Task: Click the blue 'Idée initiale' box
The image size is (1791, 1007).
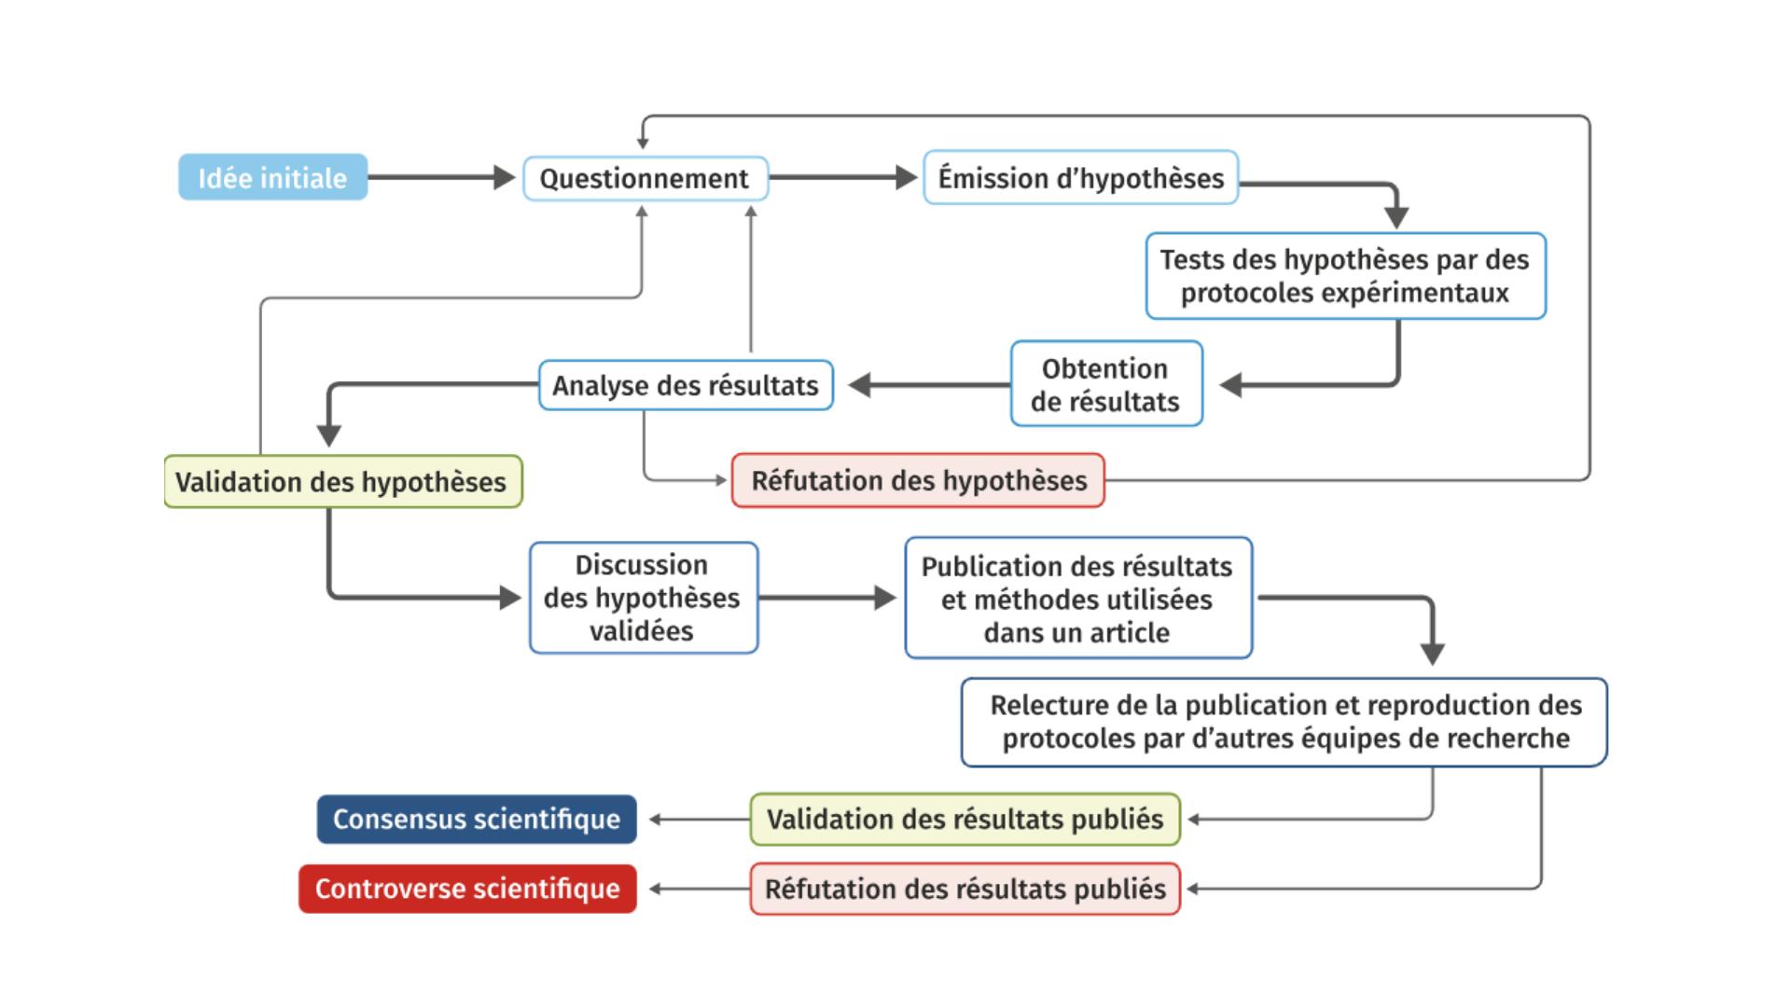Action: point(272,177)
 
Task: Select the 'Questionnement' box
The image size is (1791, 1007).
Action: point(645,178)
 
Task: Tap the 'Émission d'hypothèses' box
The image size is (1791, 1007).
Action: point(1080,177)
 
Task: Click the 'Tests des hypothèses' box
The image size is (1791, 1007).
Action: point(1344,276)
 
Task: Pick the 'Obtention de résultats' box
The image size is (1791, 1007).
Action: point(1105,384)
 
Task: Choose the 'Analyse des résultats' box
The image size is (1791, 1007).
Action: point(685,385)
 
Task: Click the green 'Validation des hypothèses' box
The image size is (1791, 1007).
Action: point(341,481)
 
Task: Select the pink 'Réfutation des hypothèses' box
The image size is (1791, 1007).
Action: point(918,480)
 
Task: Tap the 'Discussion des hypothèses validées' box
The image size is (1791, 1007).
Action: point(643,598)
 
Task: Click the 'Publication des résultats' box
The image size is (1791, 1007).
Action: point(1077,599)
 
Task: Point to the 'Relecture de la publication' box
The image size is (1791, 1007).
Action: point(1284,722)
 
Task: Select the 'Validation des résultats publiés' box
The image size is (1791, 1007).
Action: point(965,820)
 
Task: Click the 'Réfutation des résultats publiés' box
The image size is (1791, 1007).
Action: point(965,889)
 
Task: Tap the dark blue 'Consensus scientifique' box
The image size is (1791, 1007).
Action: point(477,820)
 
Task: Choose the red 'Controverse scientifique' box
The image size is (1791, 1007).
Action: point(467,889)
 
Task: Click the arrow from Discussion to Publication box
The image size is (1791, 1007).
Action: point(826,598)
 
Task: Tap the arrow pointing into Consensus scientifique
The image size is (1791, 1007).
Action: point(700,820)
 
